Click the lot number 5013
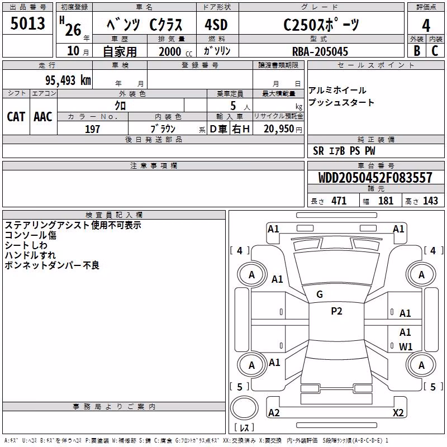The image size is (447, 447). click(x=27, y=23)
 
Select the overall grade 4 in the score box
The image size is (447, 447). click(x=426, y=25)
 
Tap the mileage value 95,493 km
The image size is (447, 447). click(x=68, y=80)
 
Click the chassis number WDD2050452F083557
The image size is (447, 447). click(x=375, y=178)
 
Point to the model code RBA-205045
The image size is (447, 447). click(x=320, y=51)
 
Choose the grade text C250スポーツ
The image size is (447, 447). click(x=321, y=25)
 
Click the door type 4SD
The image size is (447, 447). click(x=216, y=25)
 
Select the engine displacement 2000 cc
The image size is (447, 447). click(x=175, y=51)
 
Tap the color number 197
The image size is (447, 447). click(x=92, y=129)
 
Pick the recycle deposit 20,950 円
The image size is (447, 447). click(x=283, y=129)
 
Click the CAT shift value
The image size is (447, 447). click(x=16, y=117)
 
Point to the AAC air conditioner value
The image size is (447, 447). click(x=43, y=117)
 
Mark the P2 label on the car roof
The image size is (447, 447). click(x=336, y=311)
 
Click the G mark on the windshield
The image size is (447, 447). click(x=320, y=294)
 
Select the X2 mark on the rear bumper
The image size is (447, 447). click(x=398, y=412)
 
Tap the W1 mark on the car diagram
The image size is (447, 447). click(x=406, y=346)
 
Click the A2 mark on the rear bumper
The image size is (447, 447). click(x=274, y=412)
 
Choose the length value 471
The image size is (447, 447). click(x=339, y=201)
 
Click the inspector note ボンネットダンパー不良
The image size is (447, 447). click(x=52, y=265)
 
